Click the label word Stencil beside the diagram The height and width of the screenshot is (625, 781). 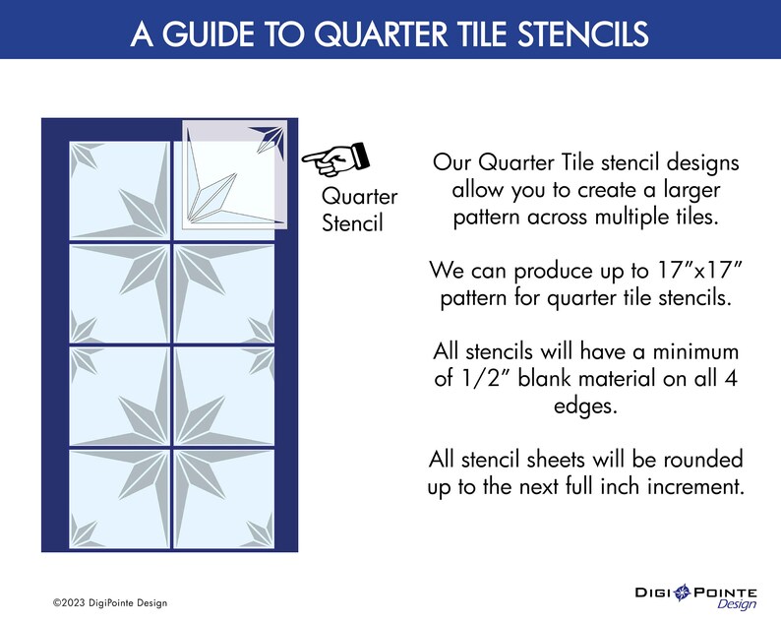[x=352, y=223]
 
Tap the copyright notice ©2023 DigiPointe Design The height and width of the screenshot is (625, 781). [x=111, y=602]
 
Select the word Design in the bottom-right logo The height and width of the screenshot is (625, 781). [x=736, y=604]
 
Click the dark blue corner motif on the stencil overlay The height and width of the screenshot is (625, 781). [x=270, y=140]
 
